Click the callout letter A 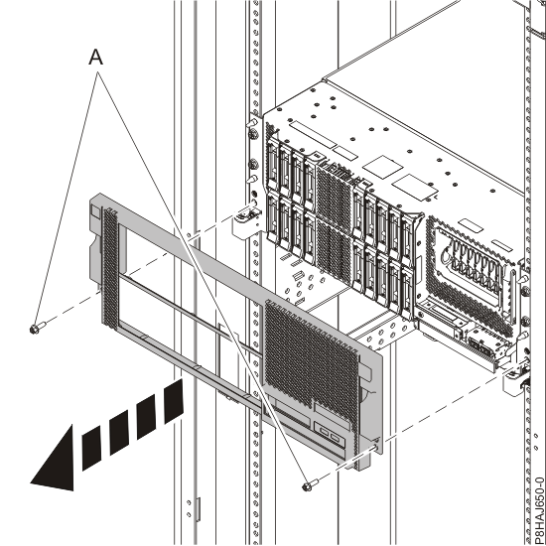click(x=96, y=57)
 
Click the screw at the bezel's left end click(x=38, y=328)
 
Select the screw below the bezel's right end click(x=311, y=485)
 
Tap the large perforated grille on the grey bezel click(x=311, y=358)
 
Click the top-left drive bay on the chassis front click(x=272, y=164)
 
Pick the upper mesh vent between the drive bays click(x=334, y=197)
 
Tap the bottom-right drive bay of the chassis click(x=406, y=292)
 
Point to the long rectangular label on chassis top click(x=313, y=134)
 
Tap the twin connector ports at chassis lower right click(x=479, y=344)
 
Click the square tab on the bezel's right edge click(x=364, y=372)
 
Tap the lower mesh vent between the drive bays click(x=334, y=252)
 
